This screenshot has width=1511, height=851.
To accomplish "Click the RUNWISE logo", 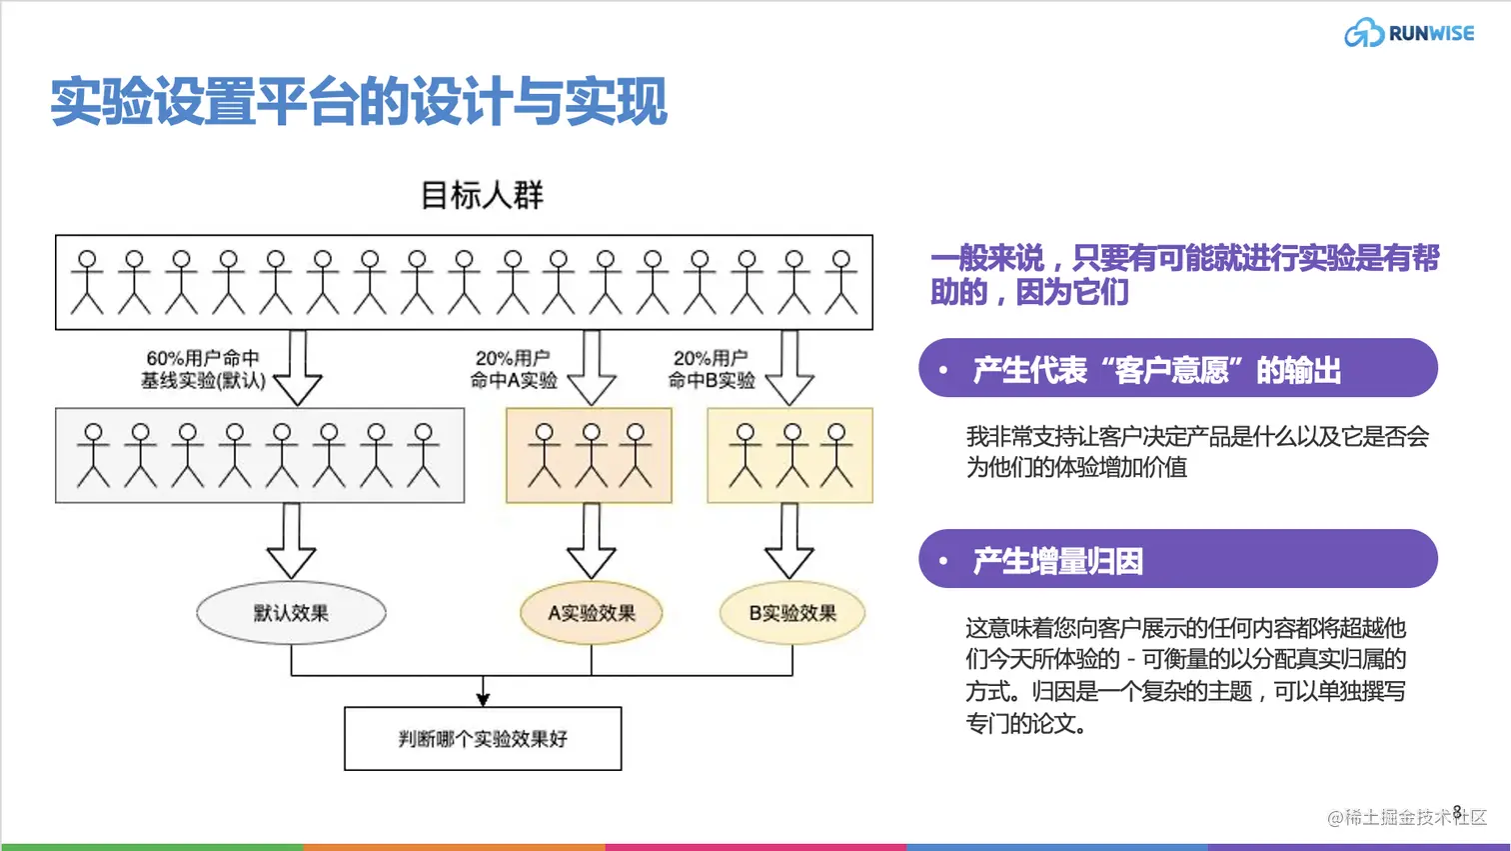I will pyautogui.click(x=1409, y=33).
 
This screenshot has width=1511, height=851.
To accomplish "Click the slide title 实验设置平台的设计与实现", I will pyautogui.click(x=358, y=102).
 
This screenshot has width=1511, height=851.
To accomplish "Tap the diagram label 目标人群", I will pyautogui.click(x=482, y=195).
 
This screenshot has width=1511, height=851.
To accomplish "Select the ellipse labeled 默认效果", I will pyautogui.click(x=291, y=613).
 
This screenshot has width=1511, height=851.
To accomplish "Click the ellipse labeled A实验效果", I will pyautogui.click(x=591, y=613).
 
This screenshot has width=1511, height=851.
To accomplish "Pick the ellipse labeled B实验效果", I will pyautogui.click(x=791, y=613).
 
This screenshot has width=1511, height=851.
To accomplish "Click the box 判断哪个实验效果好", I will pyautogui.click(x=483, y=739).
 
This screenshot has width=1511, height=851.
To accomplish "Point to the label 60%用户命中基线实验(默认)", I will pyautogui.click(x=203, y=369).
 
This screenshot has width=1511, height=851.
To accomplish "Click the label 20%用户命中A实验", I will pyautogui.click(x=513, y=369).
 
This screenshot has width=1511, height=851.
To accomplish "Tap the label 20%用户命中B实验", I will pyautogui.click(x=711, y=369).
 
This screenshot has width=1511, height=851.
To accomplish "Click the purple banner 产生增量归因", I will pyautogui.click(x=1177, y=559).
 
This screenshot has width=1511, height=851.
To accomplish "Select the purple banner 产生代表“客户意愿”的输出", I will pyautogui.click(x=1177, y=368).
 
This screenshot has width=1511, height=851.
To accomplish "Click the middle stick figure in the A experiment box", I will pyautogui.click(x=591, y=455).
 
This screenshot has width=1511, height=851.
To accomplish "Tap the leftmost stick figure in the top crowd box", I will pyautogui.click(x=87, y=282).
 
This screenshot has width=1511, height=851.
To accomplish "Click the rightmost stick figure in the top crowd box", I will pyautogui.click(x=841, y=282).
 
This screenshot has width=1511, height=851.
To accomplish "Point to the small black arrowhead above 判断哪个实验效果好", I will pyautogui.click(x=483, y=697).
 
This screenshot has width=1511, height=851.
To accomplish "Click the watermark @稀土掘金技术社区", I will pyautogui.click(x=1406, y=817).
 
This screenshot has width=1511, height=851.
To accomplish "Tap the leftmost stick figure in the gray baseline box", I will pyautogui.click(x=93, y=455).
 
